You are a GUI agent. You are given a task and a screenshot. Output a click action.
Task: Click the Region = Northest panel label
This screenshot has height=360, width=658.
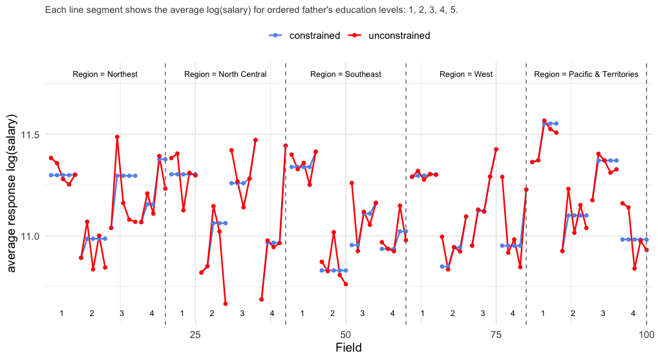pyautogui.click(x=105, y=74)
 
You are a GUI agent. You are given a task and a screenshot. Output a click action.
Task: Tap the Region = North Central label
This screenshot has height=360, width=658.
pyautogui.click(x=225, y=74)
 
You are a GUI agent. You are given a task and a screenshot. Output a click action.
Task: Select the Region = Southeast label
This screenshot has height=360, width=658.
pyautogui.click(x=345, y=74)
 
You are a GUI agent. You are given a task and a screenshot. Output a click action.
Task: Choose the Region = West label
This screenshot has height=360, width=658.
pyautogui.click(x=465, y=74)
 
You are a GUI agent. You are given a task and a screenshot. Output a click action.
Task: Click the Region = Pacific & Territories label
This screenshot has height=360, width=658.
pyautogui.click(x=586, y=74)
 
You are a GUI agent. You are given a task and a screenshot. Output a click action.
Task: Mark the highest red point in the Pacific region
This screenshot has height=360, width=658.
pyautogui.click(x=544, y=121)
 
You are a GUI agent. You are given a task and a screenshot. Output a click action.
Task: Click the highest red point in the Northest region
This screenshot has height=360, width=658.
pyautogui.click(x=117, y=137)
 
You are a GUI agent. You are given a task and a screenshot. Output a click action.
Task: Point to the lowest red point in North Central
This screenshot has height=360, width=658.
pyautogui.click(x=225, y=304)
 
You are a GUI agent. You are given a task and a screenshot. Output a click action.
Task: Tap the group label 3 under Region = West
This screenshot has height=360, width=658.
pyautogui.click(x=482, y=313)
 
